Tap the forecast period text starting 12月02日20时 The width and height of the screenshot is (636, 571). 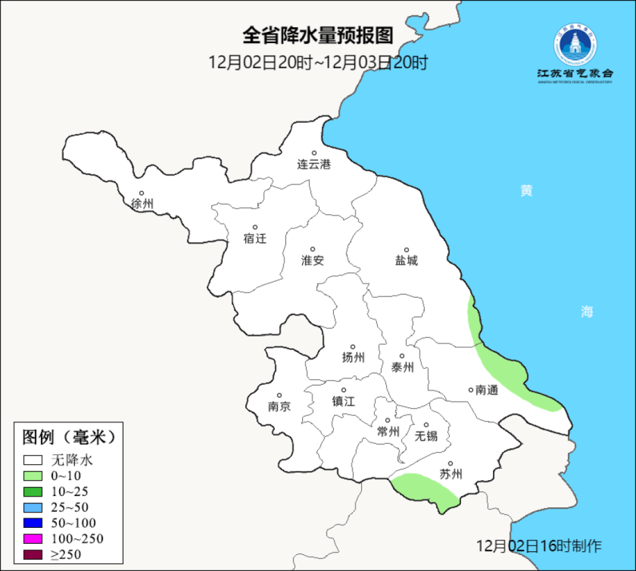click(318, 63)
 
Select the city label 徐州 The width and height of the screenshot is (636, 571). click(142, 204)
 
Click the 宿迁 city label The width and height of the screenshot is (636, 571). click(254, 238)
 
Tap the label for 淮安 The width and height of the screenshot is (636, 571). click(313, 261)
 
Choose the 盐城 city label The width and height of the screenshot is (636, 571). click(406, 261)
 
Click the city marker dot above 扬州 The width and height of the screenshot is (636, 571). click(352, 347)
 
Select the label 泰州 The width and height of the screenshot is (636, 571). click(402, 367)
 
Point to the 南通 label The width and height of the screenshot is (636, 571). click(486, 390)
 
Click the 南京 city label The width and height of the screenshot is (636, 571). click(279, 407)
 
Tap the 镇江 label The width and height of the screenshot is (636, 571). click(343, 401)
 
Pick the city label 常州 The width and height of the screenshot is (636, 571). click(388, 431)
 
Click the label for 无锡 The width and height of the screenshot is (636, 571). click(426, 436)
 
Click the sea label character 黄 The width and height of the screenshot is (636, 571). click(526, 191)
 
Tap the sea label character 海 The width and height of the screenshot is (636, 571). click(587, 312)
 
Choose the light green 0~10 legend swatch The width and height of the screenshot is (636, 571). click(32, 476)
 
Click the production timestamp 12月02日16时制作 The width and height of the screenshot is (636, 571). click(539, 546)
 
